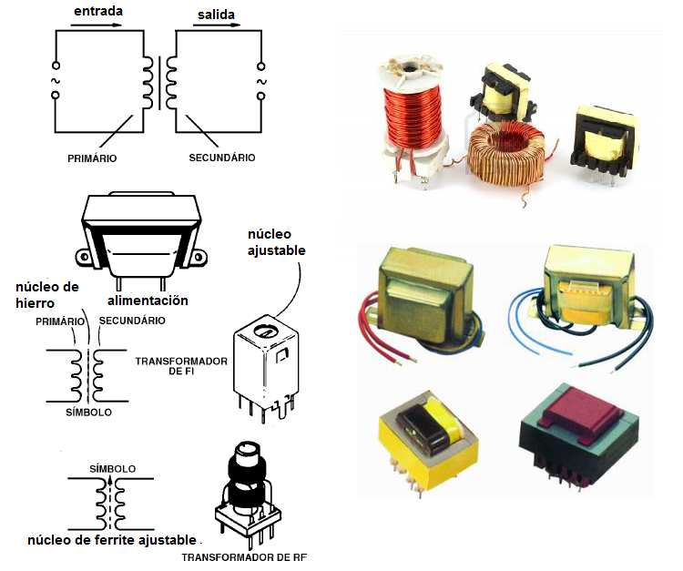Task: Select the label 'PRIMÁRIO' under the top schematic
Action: point(92,158)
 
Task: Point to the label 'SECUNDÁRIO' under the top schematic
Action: point(222,158)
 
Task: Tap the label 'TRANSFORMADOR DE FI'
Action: point(181,367)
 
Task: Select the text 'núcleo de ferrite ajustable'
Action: point(111,538)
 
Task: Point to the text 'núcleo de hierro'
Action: point(47,295)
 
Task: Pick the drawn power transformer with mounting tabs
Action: point(141,238)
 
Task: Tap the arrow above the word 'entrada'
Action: point(95,25)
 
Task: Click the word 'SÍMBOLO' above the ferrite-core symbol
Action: point(113,469)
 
